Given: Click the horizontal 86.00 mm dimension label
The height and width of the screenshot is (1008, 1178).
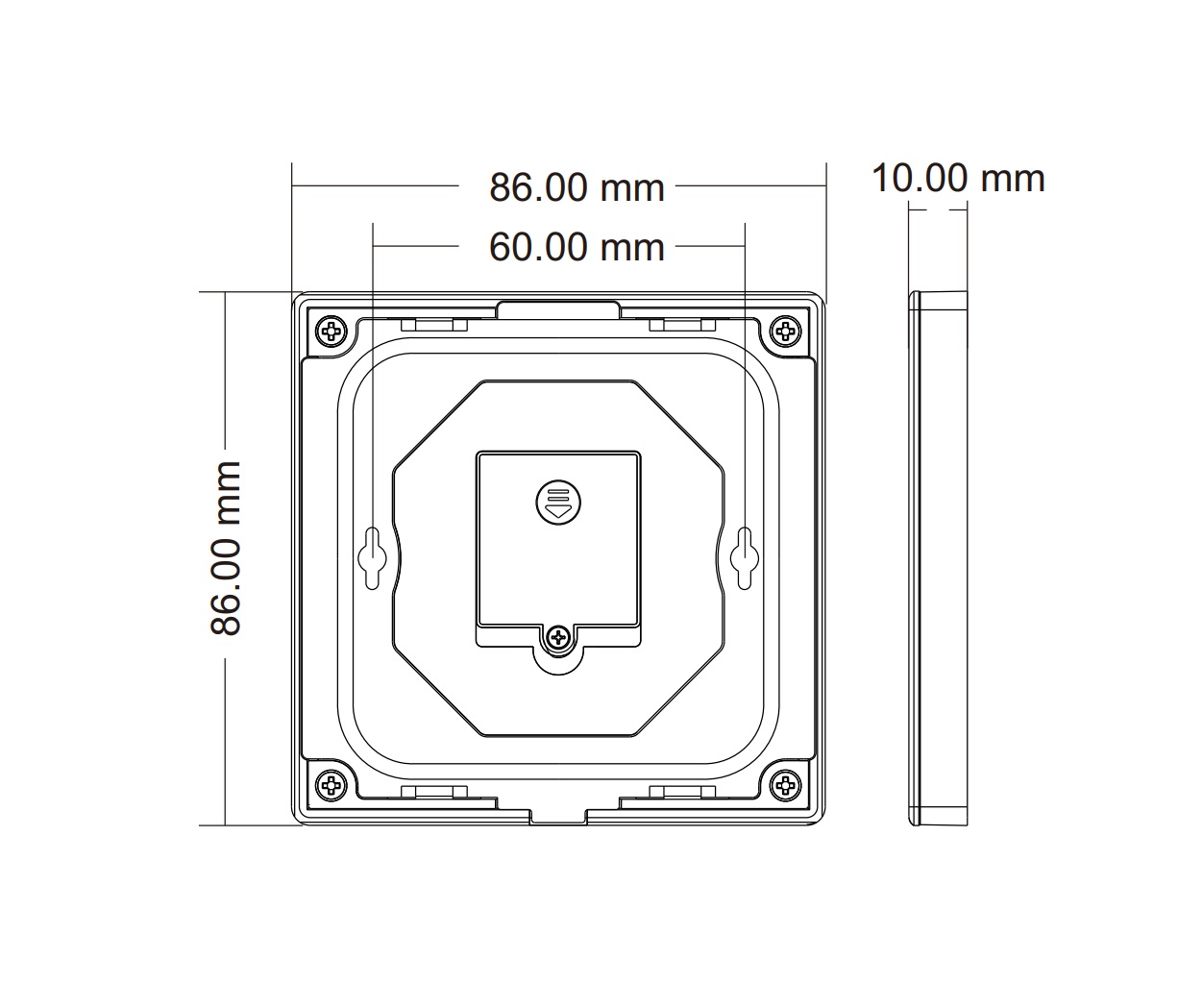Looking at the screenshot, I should [577, 186].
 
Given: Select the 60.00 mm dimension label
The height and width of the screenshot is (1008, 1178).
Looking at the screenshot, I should [577, 247].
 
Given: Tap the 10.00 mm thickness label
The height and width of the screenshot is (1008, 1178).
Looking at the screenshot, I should [957, 178].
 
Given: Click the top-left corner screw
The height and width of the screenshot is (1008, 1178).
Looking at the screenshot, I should [332, 332].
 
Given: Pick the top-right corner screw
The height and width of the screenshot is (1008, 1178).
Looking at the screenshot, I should [785, 332].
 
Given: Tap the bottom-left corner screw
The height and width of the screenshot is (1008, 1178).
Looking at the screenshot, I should [332, 785].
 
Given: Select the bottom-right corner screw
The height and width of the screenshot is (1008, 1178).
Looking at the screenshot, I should [785, 785].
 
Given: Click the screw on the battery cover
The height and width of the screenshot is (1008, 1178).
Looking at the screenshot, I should [558, 636].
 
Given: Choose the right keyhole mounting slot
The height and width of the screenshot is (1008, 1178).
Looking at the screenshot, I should [743, 555].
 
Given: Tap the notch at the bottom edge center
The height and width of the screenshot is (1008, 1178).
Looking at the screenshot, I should [558, 815].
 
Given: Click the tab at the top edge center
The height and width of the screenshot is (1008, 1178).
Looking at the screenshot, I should [558, 309].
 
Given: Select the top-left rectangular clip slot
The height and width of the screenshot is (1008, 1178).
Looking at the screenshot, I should [434, 326].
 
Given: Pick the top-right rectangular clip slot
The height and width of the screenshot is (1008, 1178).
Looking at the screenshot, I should [682, 326].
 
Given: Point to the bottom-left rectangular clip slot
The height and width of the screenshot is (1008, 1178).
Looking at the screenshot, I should [434, 792].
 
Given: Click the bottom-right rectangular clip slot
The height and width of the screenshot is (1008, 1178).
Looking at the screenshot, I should [682, 792].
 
